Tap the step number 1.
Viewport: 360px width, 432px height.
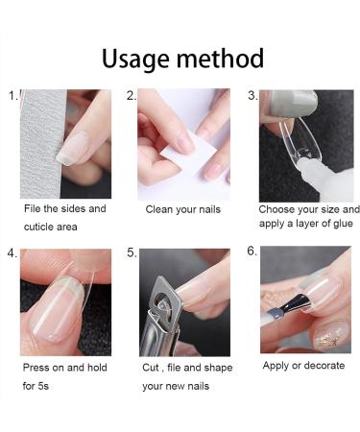click(12, 96)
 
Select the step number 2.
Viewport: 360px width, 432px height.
click(132, 96)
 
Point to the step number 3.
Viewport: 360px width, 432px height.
click(252, 96)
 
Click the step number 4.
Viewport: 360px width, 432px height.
click(12, 253)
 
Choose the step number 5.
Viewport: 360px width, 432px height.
click(132, 253)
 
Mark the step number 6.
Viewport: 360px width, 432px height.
click(252, 252)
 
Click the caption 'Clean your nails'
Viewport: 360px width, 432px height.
click(184, 209)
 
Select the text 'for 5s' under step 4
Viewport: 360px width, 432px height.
click(39, 385)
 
